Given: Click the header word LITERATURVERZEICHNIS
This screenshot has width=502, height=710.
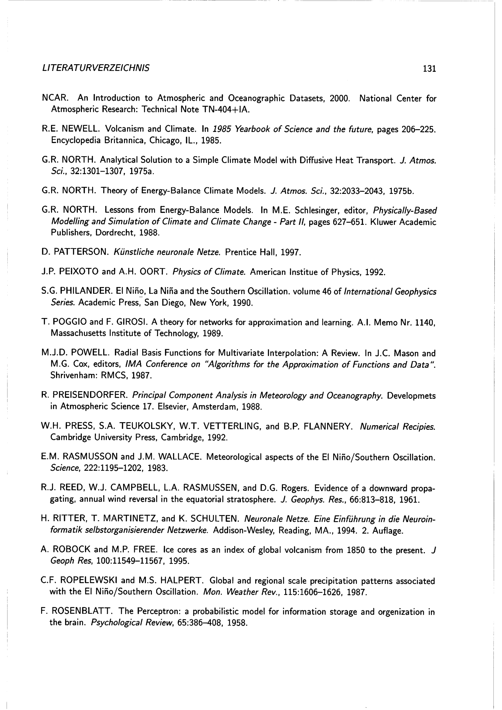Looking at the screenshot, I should (96, 68).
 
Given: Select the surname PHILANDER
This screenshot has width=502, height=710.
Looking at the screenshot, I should (85, 291).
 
